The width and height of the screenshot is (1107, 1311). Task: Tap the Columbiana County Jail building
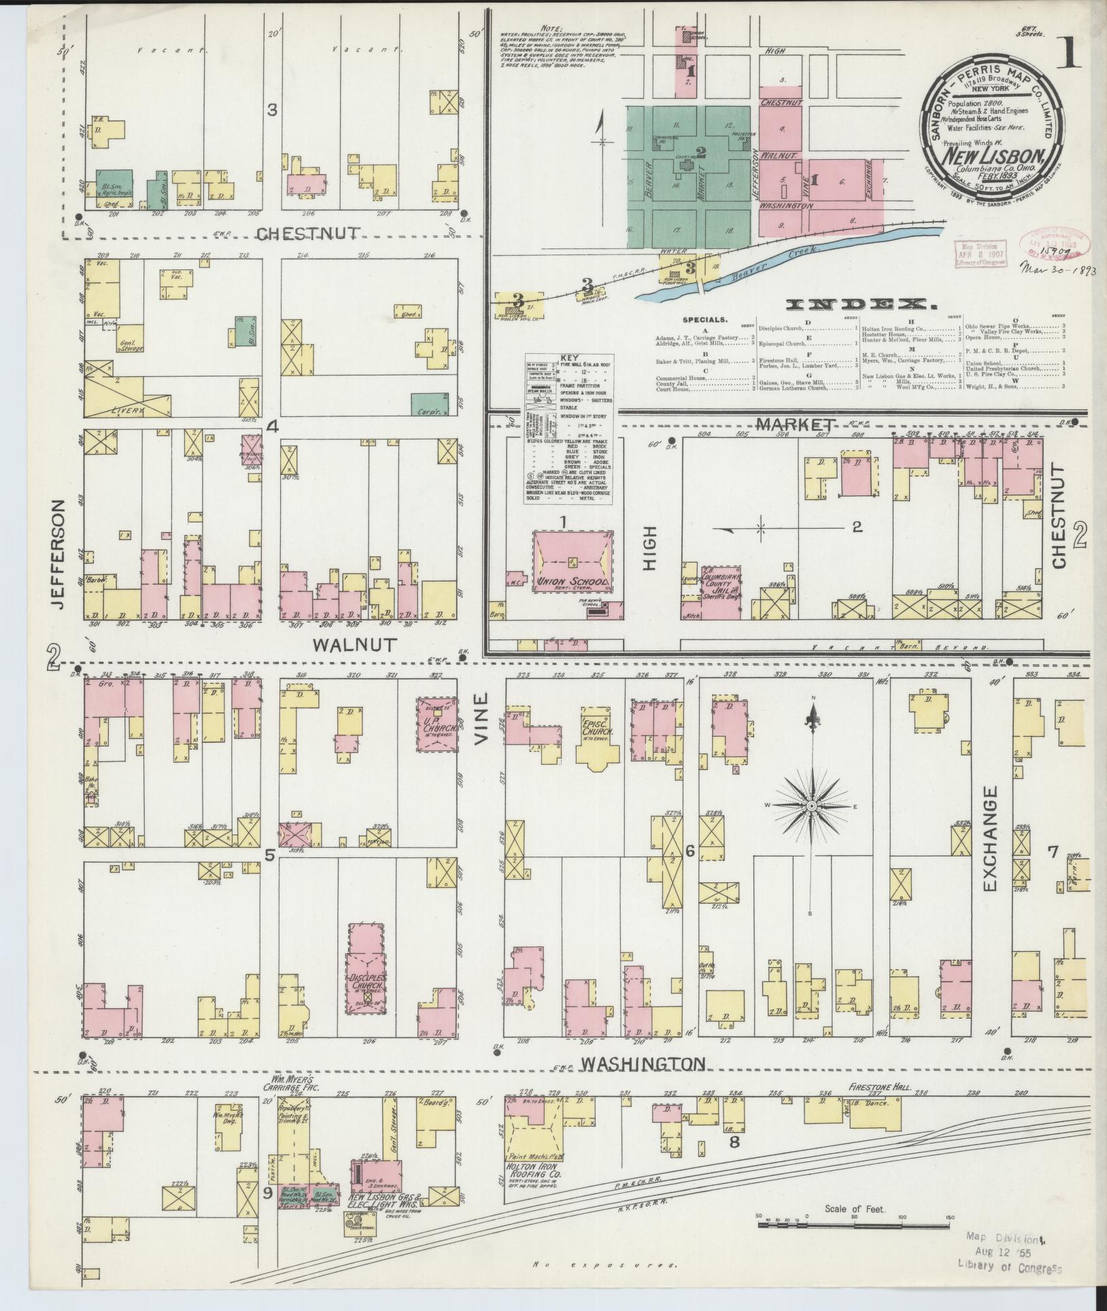tap(720, 591)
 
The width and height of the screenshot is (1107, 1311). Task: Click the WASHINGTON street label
tap(642, 1063)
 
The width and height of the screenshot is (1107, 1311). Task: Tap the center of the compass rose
tap(811, 806)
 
